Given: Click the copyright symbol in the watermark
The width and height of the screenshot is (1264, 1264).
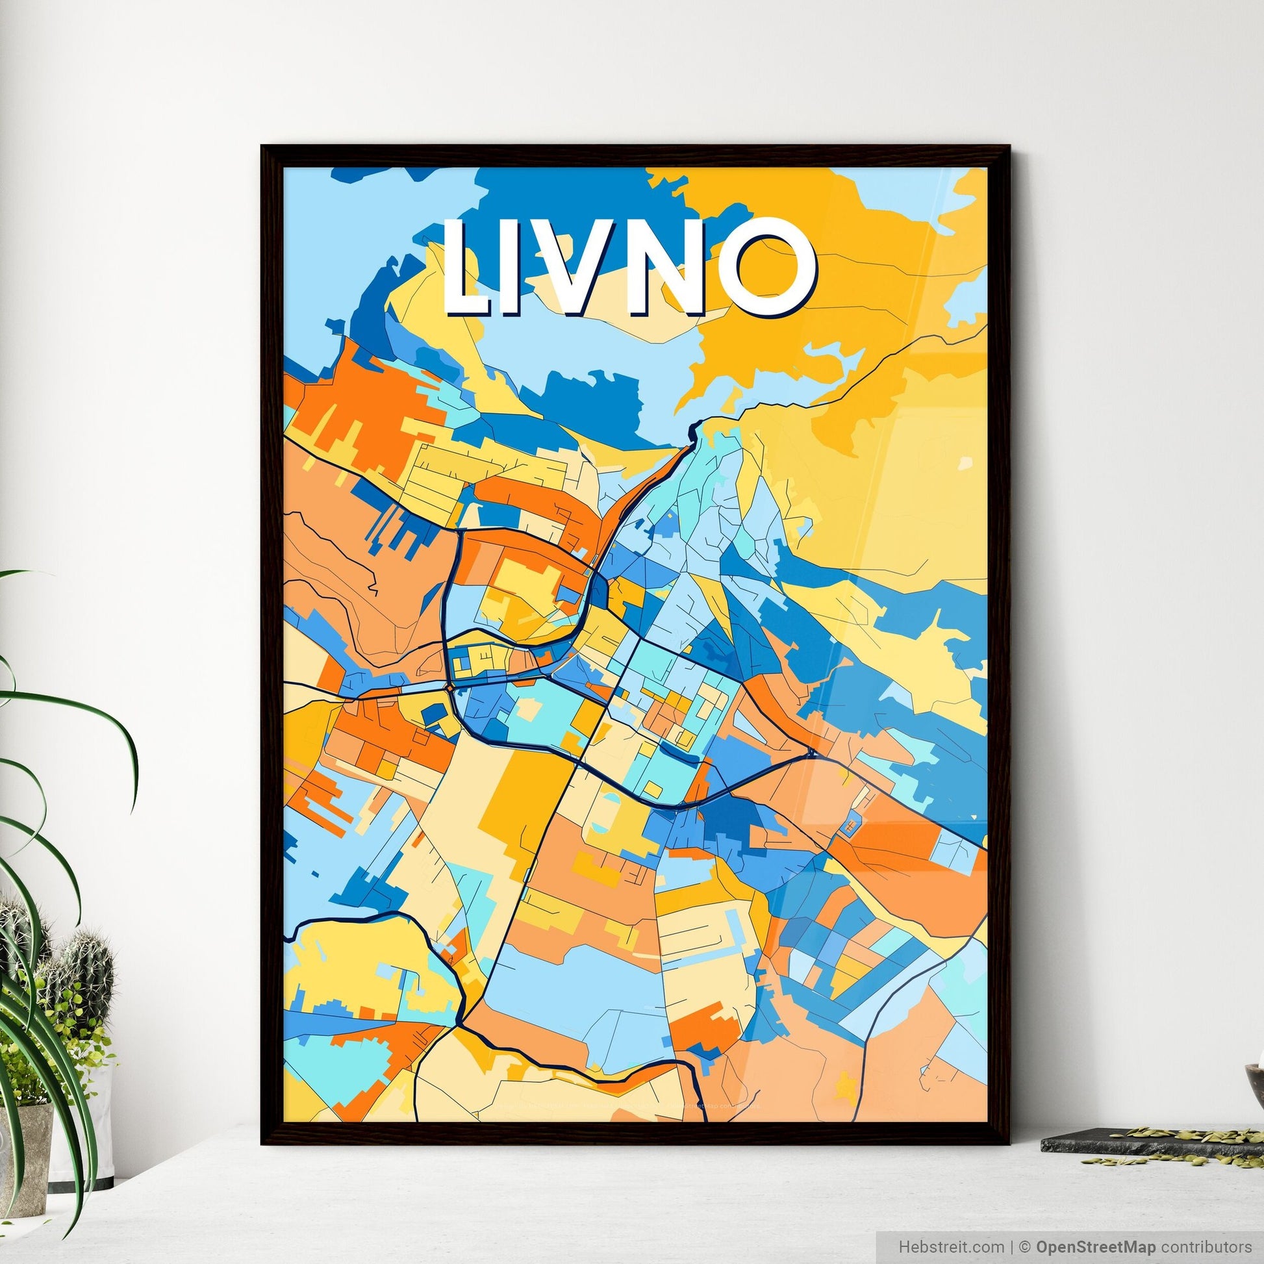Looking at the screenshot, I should pos(1026,1246).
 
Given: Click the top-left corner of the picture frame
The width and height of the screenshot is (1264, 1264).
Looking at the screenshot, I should pos(263,147).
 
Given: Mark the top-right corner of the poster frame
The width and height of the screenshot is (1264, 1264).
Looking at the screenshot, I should pos(1009,147).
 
